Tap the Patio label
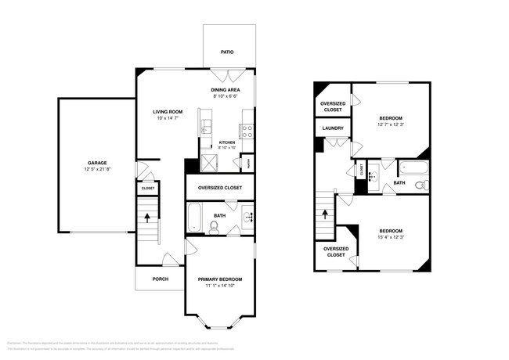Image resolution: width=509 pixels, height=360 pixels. (x=227, y=52)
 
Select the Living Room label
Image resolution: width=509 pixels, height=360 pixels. (x=167, y=112)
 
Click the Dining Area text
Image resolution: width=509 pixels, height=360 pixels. (x=226, y=91)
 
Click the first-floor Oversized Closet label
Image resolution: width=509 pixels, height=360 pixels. (x=220, y=188)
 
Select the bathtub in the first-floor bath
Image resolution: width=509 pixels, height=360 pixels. (x=195, y=214)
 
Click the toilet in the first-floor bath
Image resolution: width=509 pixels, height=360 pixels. (x=215, y=227)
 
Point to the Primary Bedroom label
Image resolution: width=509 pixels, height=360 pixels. (x=220, y=279)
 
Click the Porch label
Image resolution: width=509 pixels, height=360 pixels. (x=160, y=279)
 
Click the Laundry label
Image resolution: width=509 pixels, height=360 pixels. (x=331, y=127)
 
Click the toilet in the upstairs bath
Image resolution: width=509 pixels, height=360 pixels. (x=421, y=185)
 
